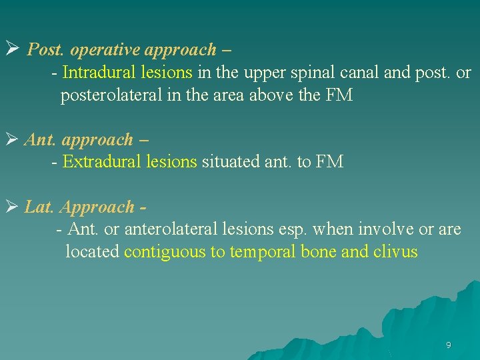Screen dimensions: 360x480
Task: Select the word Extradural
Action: point(95,161)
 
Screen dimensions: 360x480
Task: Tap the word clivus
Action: point(397,252)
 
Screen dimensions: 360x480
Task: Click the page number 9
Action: point(448,345)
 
